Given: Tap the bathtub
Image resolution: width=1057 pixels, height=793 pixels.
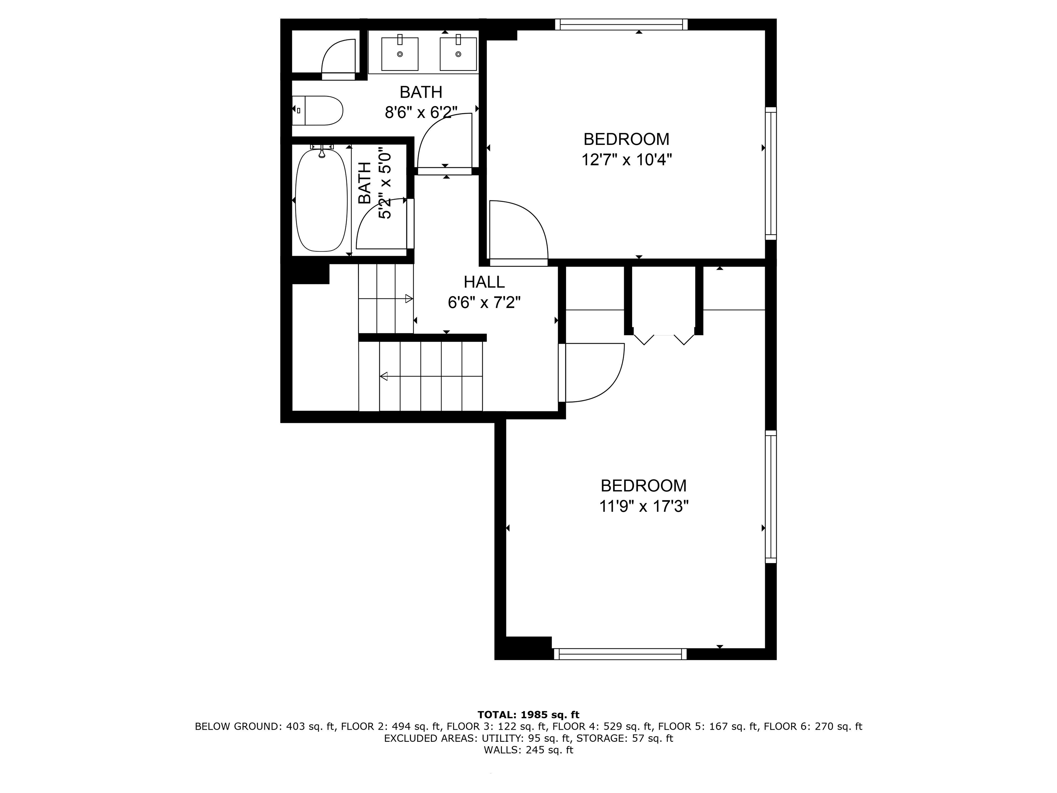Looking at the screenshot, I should [321, 201].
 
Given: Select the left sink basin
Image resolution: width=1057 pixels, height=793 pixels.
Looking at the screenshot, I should [400, 54].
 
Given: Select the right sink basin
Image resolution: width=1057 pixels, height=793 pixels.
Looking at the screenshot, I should [458, 54].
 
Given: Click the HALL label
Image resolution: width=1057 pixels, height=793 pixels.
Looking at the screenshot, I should [484, 282].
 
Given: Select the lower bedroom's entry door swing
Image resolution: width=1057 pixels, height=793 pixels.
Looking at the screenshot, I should [592, 373].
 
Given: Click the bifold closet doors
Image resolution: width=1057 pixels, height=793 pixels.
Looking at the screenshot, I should [663, 338].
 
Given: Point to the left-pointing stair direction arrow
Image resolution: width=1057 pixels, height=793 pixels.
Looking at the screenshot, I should [384, 377].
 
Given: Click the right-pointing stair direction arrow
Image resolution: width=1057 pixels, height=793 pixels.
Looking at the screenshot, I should [408, 299].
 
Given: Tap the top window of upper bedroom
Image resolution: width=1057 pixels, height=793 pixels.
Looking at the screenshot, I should [621, 24].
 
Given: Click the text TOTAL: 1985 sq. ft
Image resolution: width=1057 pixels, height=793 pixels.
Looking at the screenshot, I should [528, 715].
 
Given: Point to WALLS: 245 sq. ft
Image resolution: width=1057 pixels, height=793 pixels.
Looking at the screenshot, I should [528, 750].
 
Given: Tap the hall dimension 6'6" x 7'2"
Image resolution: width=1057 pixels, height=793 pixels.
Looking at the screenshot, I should [484, 303].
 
